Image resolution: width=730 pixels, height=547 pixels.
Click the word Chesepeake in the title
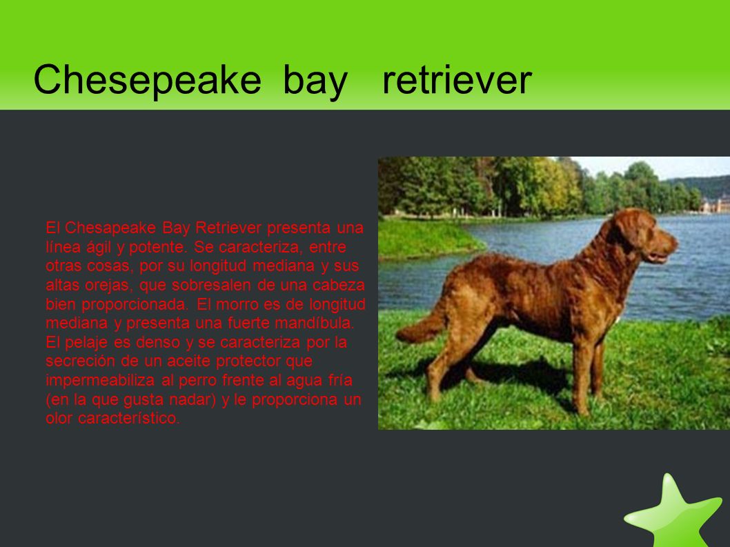pyautogui.click(x=147, y=79)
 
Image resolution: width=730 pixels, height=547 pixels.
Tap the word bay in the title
pyautogui.click(x=315, y=83)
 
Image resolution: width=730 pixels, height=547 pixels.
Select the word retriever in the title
pyautogui.click(x=457, y=80)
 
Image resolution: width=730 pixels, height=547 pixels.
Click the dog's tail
pyautogui.click(x=422, y=323)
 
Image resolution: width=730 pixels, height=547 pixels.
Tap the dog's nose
pyautogui.click(x=675, y=243)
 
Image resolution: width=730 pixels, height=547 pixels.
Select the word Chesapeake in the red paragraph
pyautogui.click(x=110, y=228)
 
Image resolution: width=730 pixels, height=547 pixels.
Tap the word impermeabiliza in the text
pyautogui.click(x=100, y=380)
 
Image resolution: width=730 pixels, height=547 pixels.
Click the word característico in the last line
pyautogui.click(x=128, y=418)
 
